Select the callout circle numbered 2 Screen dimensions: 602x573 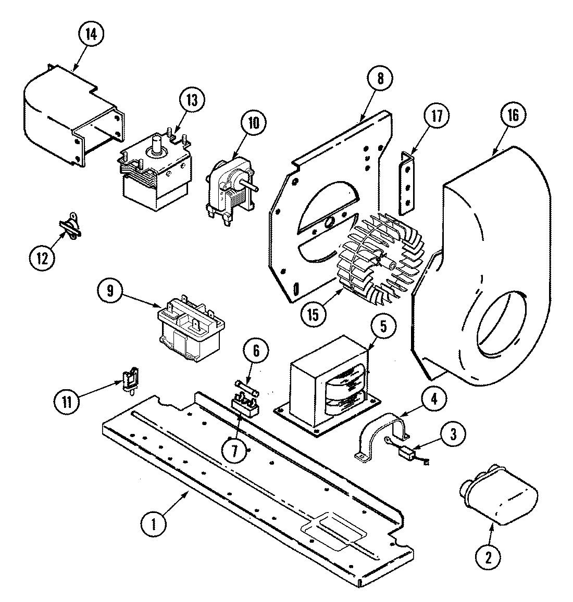coord(488,557)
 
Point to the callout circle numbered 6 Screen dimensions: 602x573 coord(255,352)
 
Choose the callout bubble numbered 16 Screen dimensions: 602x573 coord(513,115)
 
